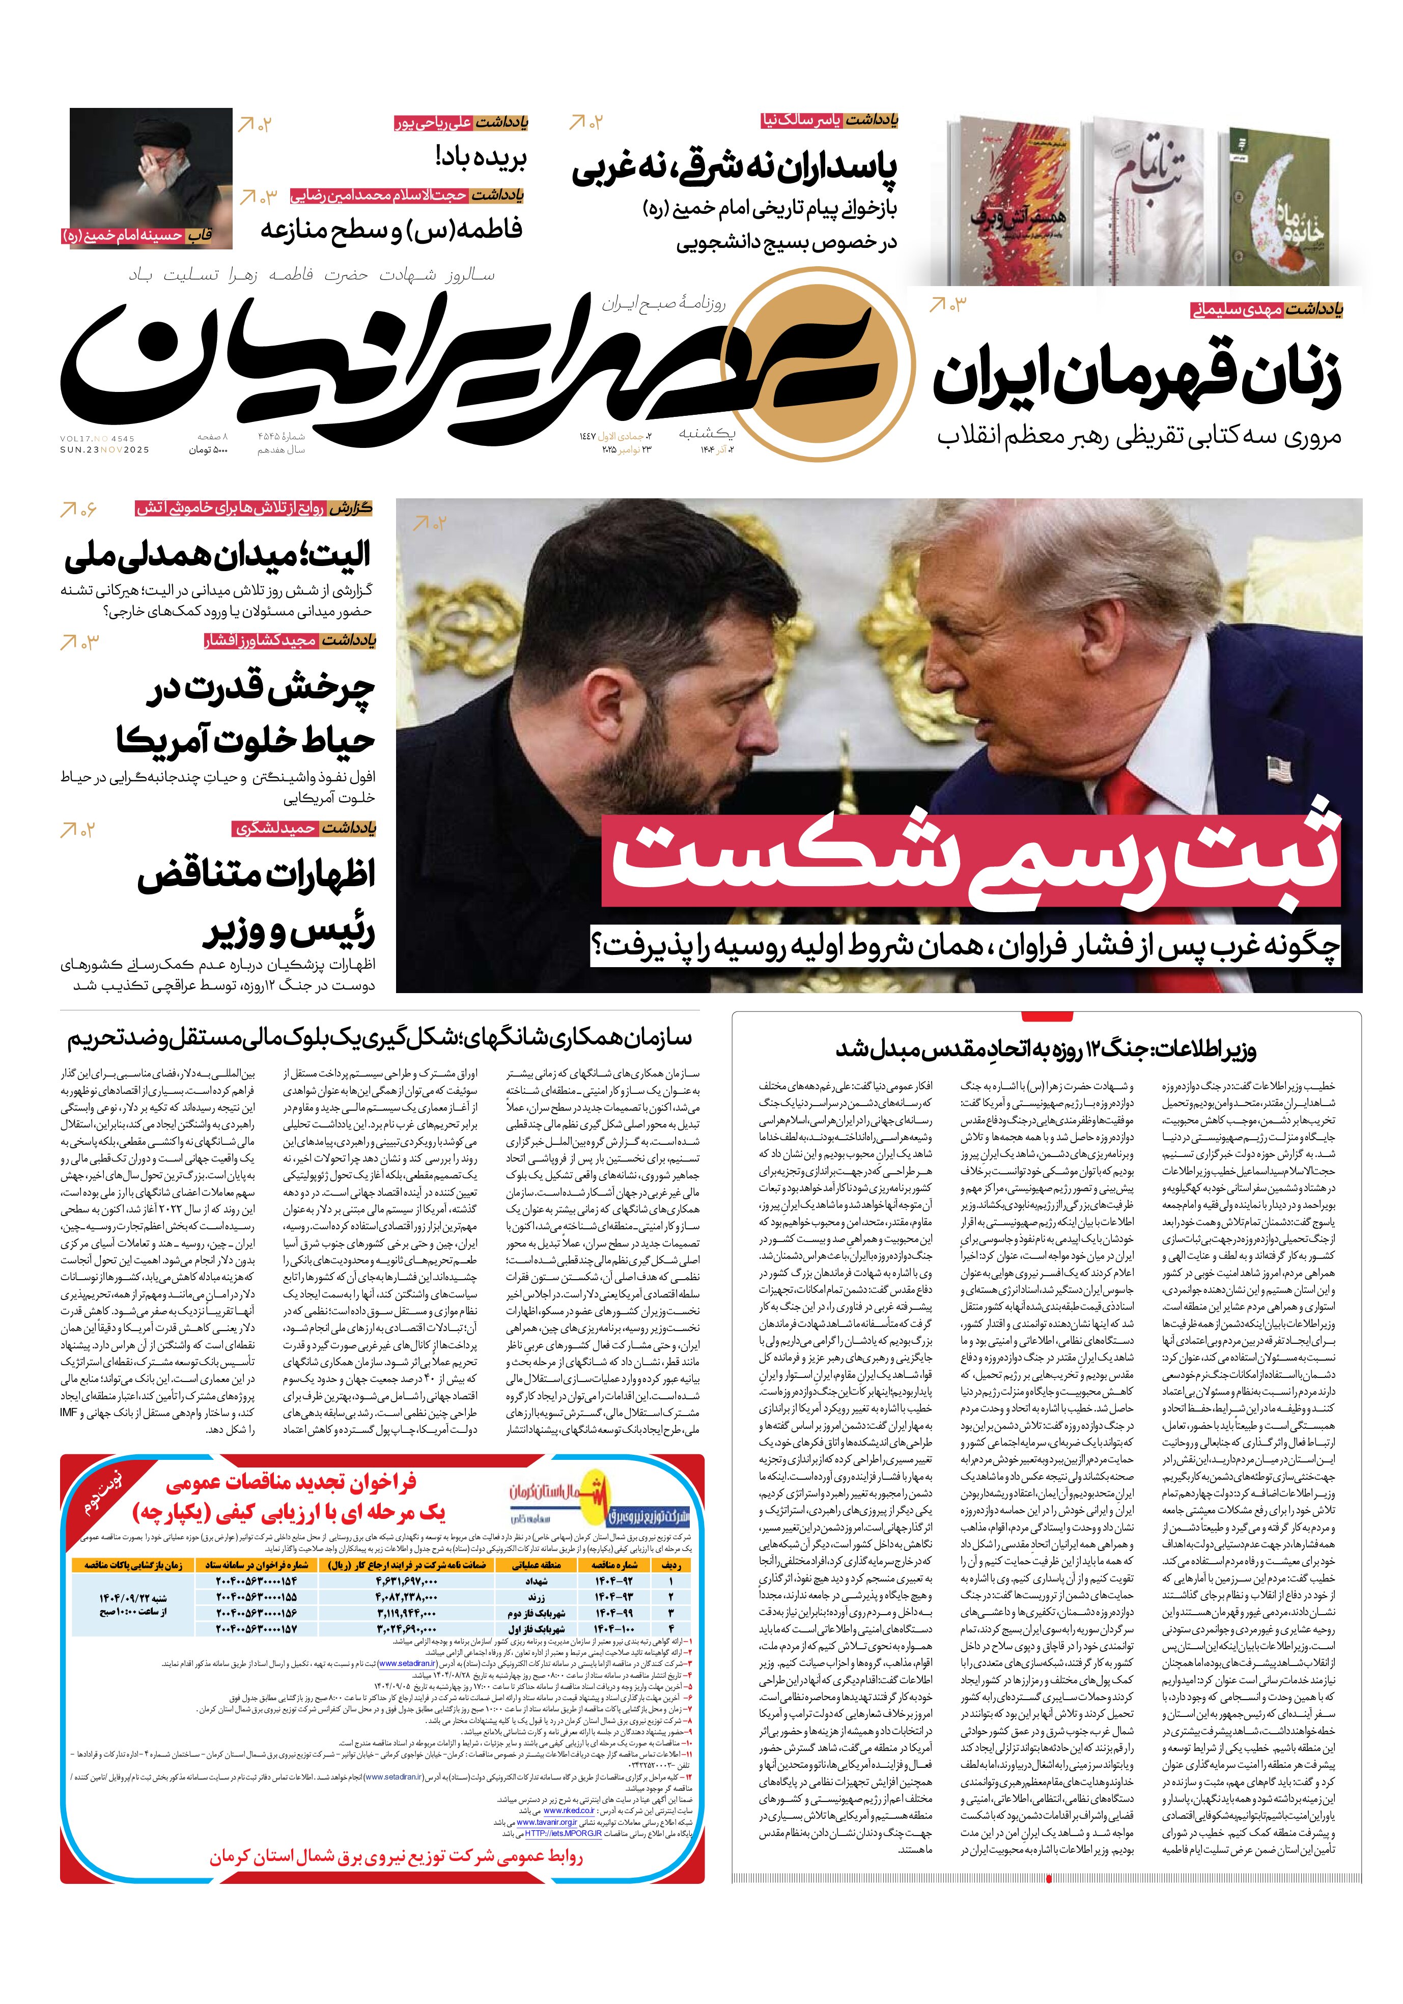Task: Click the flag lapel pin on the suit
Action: [1278, 768]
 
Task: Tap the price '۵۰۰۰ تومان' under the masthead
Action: [208, 450]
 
